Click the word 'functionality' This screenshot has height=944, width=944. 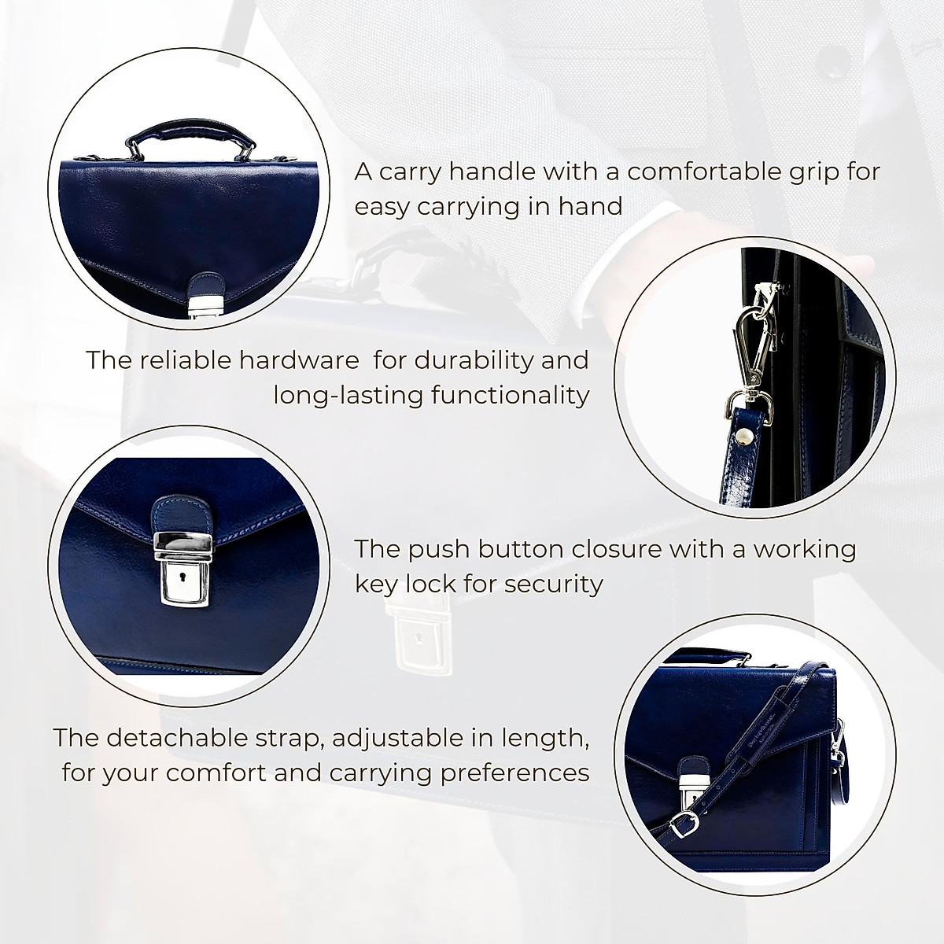point(511,394)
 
